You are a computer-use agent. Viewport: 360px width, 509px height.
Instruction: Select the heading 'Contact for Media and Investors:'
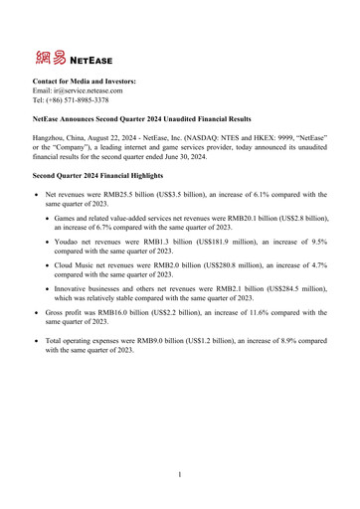tap(86, 81)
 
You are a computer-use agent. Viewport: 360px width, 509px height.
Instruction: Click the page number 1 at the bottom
tap(180, 475)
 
